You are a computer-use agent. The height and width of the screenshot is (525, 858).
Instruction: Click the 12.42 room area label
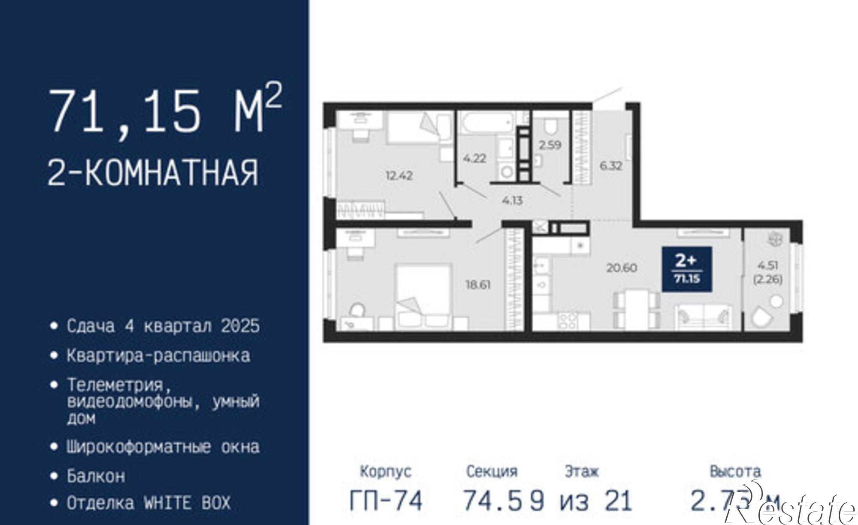(x=399, y=176)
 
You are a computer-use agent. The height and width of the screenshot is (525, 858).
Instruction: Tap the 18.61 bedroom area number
(x=478, y=285)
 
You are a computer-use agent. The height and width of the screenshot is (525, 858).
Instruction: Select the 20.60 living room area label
(x=621, y=268)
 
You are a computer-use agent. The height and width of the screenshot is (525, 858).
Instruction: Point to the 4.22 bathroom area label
(x=474, y=158)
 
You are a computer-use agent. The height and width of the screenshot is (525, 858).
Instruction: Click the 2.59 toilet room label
(x=550, y=145)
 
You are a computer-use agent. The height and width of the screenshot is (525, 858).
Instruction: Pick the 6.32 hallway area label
(x=610, y=166)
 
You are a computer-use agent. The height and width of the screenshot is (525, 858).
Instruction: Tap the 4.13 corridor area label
(x=512, y=200)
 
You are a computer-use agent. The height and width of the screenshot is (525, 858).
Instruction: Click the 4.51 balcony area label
(x=768, y=265)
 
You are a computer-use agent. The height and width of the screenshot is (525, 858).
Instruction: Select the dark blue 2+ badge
(x=686, y=269)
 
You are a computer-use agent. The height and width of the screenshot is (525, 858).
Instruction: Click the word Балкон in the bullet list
(x=96, y=476)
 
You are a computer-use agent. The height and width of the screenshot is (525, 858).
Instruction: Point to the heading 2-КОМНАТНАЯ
(x=153, y=173)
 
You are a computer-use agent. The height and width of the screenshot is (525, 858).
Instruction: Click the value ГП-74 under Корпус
(x=386, y=501)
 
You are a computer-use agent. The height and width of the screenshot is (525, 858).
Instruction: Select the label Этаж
(x=581, y=471)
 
